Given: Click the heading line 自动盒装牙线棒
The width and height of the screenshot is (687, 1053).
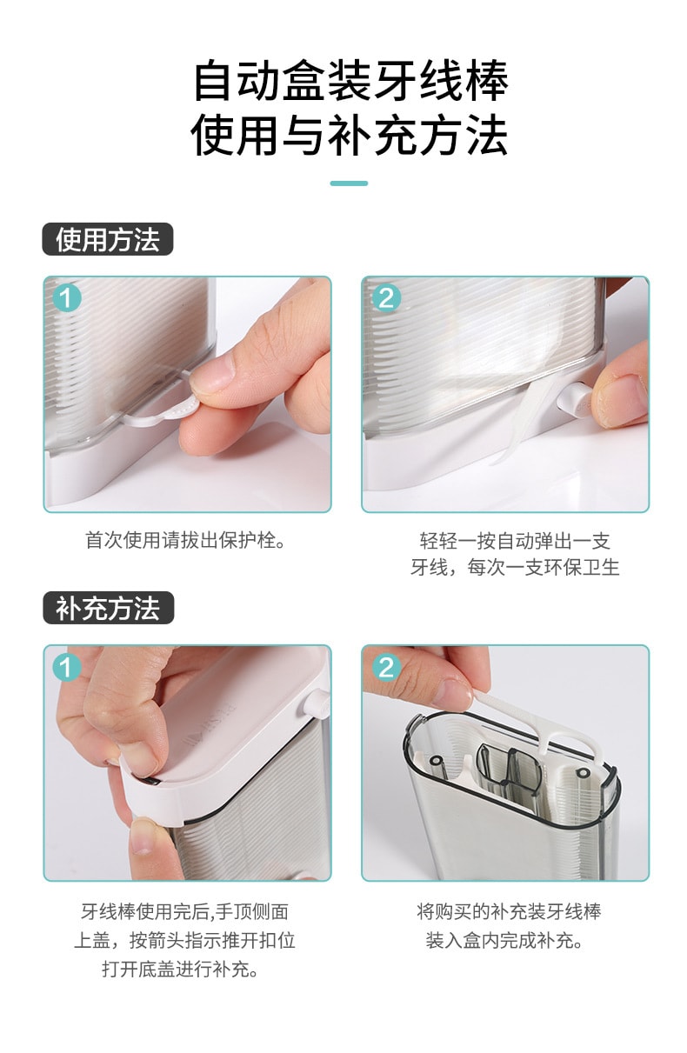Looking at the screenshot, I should click(350, 82).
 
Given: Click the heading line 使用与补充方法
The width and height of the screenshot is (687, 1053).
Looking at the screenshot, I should click(350, 137).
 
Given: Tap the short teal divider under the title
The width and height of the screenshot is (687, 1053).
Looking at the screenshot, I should click(349, 183).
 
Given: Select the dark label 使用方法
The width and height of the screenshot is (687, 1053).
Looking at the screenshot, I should click(108, 239).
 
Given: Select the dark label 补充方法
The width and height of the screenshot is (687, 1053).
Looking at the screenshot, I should click(108, 609).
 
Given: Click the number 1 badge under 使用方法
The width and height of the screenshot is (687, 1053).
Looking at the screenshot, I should click(67, 298).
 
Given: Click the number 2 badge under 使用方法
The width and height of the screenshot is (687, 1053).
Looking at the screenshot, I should click(385, 298).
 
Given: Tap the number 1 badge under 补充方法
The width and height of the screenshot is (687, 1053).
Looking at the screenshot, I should click(67, 667).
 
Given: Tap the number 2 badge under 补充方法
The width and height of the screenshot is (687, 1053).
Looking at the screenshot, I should click(385, 667).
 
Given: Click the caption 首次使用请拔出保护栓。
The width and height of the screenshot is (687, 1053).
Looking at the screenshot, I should click(186, 540).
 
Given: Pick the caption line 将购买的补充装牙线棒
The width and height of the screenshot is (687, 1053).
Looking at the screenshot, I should click(509, 911).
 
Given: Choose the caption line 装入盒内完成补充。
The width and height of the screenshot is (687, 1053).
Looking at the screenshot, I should click(509, 940).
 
